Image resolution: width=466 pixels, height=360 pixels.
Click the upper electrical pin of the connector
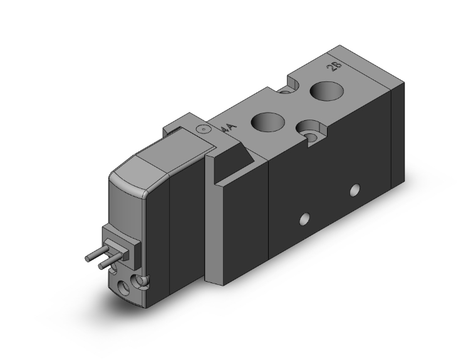(x=94, y=255)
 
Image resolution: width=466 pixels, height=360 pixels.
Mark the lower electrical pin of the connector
(x=106, y=265)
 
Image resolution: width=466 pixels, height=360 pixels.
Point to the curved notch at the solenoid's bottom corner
(x=143, y=281)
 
